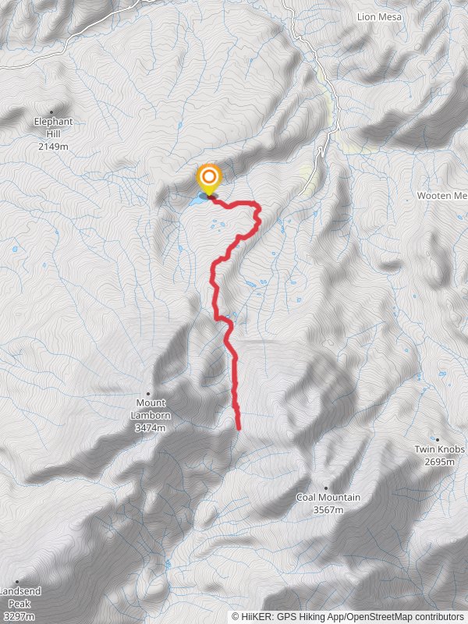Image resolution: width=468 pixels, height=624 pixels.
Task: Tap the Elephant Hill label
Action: coord(53,127)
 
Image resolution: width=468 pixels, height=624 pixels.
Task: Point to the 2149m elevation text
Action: coord(53,145)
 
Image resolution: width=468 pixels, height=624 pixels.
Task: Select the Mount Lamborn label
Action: coord(151,409)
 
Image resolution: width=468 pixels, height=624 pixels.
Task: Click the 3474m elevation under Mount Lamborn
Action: coord(151,428)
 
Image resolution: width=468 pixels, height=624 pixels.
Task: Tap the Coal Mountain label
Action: coord(328,498)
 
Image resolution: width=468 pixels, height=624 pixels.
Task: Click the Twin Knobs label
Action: coord(440,450)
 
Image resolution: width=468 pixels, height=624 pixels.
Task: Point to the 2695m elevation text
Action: coord(440,462)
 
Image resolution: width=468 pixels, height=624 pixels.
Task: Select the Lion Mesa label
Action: coord(378,16)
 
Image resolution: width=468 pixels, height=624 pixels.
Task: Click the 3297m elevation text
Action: coord(19,616)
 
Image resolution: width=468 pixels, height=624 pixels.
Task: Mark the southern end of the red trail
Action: coord(238,427)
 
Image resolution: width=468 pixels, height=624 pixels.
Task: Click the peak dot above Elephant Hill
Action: coord(52,112)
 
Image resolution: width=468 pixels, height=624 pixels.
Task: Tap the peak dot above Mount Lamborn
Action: coord(148,394)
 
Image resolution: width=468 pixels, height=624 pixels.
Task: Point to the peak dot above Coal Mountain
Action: coord(326,487)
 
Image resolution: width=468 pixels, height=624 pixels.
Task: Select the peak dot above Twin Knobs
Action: coord(438,440)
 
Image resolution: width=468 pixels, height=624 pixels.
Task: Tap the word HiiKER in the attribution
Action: coord(256,616)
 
